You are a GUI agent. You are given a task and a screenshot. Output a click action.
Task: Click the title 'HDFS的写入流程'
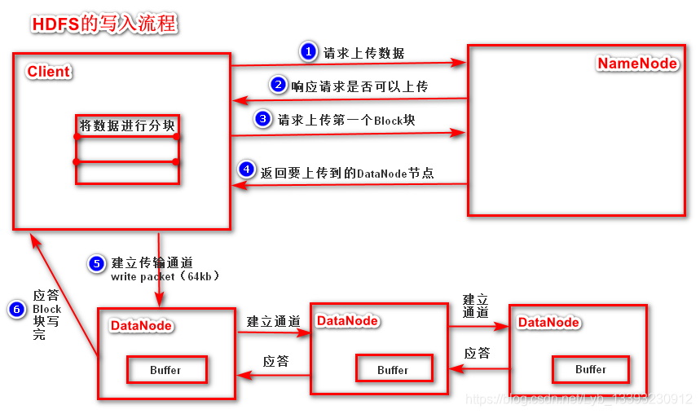pyautogui.click(x=103, y=24)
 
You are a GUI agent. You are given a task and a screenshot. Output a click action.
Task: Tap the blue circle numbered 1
pyautogui.click(x=307, y=52)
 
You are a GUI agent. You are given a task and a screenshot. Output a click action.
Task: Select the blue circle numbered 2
pyautogui.click(x=278, y=85)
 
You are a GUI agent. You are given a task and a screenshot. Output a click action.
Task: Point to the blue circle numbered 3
pyautogui.click(x=262, y=119)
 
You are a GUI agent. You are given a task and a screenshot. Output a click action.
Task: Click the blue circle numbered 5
pyautogui.click(x=96, y=263)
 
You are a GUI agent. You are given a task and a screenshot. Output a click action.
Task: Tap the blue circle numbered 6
pyautogui.click(x=16, y=309)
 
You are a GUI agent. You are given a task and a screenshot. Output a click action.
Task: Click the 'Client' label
pyautogui.click(x=49, y=72)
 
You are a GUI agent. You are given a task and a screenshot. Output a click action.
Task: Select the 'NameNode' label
pyautogui.click(x=637, y=64)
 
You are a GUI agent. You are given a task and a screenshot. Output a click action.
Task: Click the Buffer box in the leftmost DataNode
pyautogui.click(x=165, y=370)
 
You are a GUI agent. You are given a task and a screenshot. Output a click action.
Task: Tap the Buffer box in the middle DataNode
pyautogui.click(x=393, y=370)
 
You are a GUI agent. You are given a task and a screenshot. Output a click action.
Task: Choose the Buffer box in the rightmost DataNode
pyautogui.click(x=591, y=369)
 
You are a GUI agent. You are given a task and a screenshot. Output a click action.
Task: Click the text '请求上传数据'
pyautogui.click(x=364, y=54)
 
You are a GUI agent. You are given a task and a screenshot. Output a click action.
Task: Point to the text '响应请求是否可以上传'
pyautogui.click(x=359, y=86)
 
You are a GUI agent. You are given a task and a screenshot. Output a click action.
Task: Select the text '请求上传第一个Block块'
pyautogui.click(x=346, y=120)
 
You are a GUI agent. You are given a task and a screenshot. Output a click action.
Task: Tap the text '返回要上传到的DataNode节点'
pyautogui.click(x=346, y=172)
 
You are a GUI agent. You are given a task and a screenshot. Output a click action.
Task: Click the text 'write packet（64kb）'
pyautogui.click(x=165, y=277)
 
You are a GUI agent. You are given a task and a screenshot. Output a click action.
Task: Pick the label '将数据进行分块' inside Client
pyautogui.click(x=127, y=126)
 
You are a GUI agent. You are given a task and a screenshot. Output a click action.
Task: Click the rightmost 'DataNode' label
pyautogui.click(x=548, y=322)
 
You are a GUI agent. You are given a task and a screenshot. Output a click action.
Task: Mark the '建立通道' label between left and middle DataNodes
pyautogui.click(x=274, y=322)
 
